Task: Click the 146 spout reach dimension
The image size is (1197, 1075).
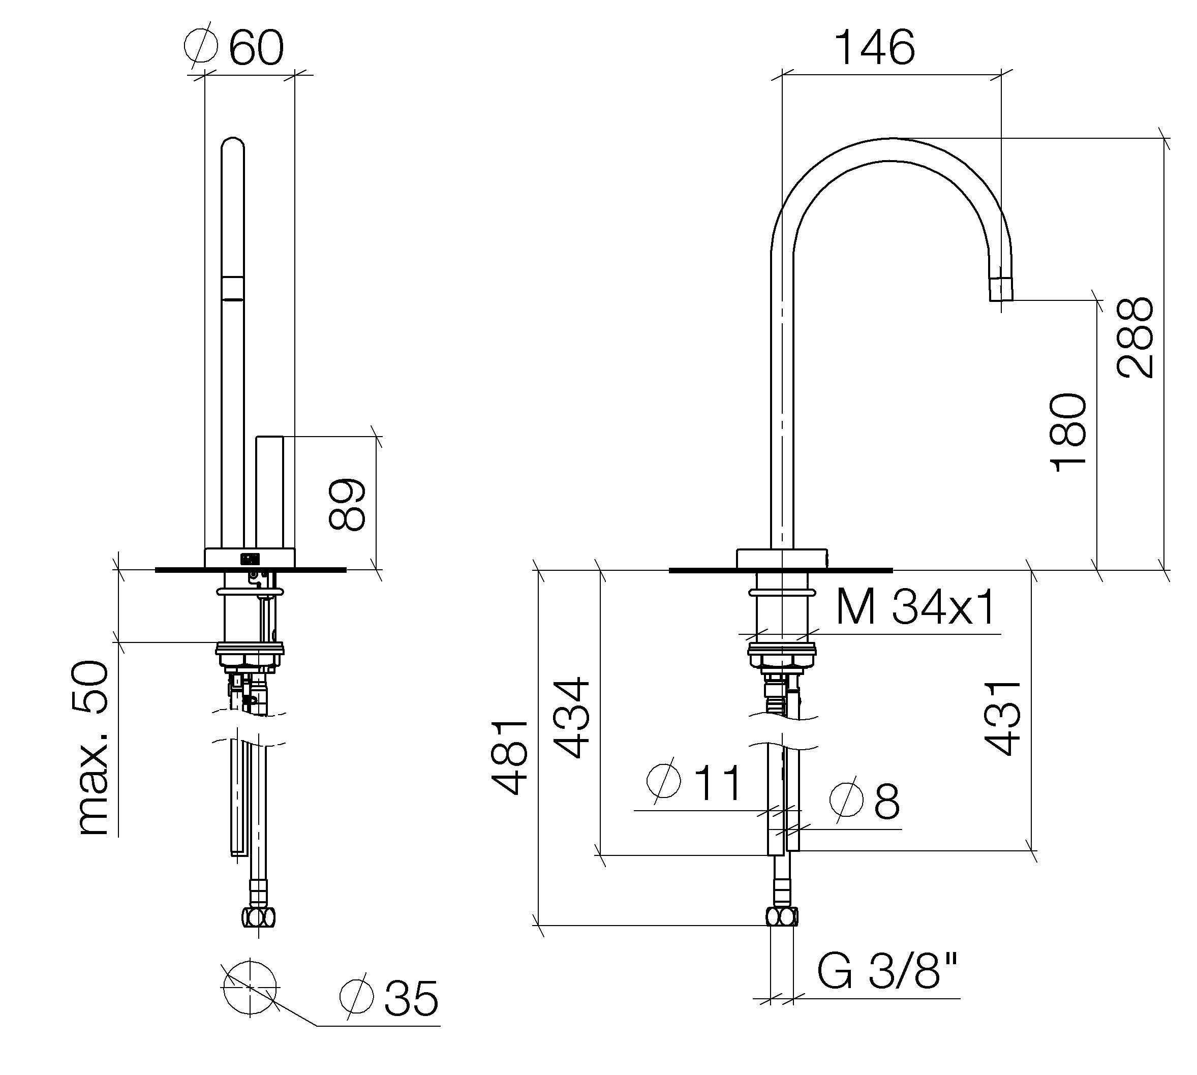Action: [x=875, y=48]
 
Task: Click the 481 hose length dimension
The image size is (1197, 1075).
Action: [x=510, y=758]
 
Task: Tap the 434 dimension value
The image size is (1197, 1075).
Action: [x=572, y=718]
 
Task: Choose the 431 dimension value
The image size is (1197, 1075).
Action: [x=1003, y=718]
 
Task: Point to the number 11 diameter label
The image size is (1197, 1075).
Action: [x=716, y=783]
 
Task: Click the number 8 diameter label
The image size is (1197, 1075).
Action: [x=887, y=802]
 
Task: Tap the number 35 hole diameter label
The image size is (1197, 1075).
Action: [x=412, y=999]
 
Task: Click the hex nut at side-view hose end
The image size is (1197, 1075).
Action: [x=259, y=917]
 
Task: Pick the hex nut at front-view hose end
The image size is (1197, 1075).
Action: [x=782, y=917]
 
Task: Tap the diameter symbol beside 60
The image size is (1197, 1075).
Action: [x=201, y=44]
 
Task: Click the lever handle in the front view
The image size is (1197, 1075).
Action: [x=269, y=493]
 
